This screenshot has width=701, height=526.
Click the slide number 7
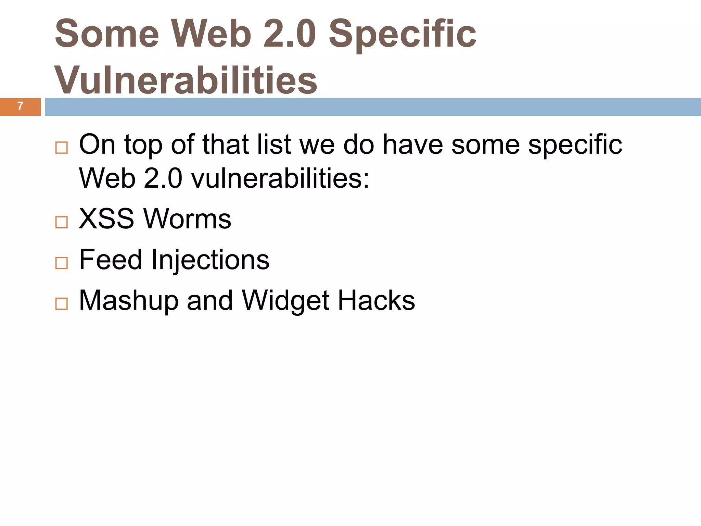[20, 106]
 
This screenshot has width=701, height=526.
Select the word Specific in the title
[402, 34]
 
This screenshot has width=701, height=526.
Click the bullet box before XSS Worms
[62, 222]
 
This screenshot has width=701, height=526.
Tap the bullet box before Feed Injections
[62, 263]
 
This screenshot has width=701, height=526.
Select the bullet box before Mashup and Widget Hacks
[62, 304]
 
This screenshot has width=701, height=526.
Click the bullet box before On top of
[62, 148]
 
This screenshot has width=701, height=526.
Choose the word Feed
[110, 259]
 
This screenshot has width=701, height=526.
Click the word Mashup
[129, 301]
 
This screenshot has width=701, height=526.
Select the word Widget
[286, 301]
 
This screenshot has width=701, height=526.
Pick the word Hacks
[377, 300]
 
